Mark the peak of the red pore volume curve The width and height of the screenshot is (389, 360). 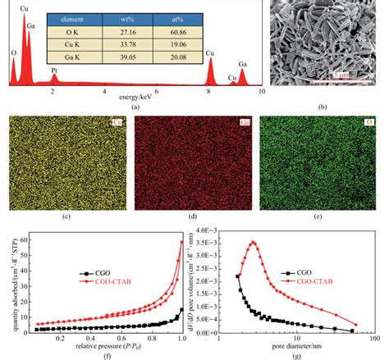tap(254, 243)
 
